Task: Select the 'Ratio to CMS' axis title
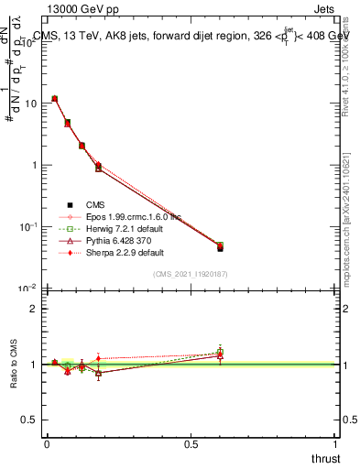[x=13, y=364]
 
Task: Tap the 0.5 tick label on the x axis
[x=191, y=442]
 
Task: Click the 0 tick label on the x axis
[x=47, y=442]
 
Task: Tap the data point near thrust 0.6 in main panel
[x=220, y=247]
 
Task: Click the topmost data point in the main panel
[x=55, y=98]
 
